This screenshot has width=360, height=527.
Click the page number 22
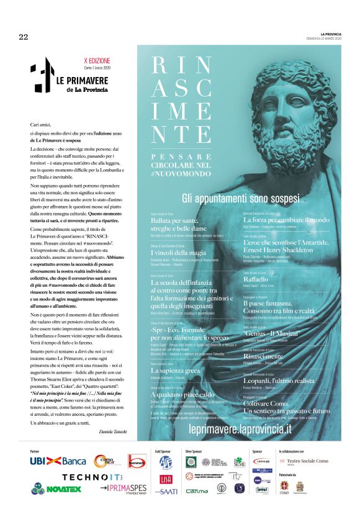point(24,37)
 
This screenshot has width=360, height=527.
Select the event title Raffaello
point(256,279)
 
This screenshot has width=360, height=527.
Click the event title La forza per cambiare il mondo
point(286,219)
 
